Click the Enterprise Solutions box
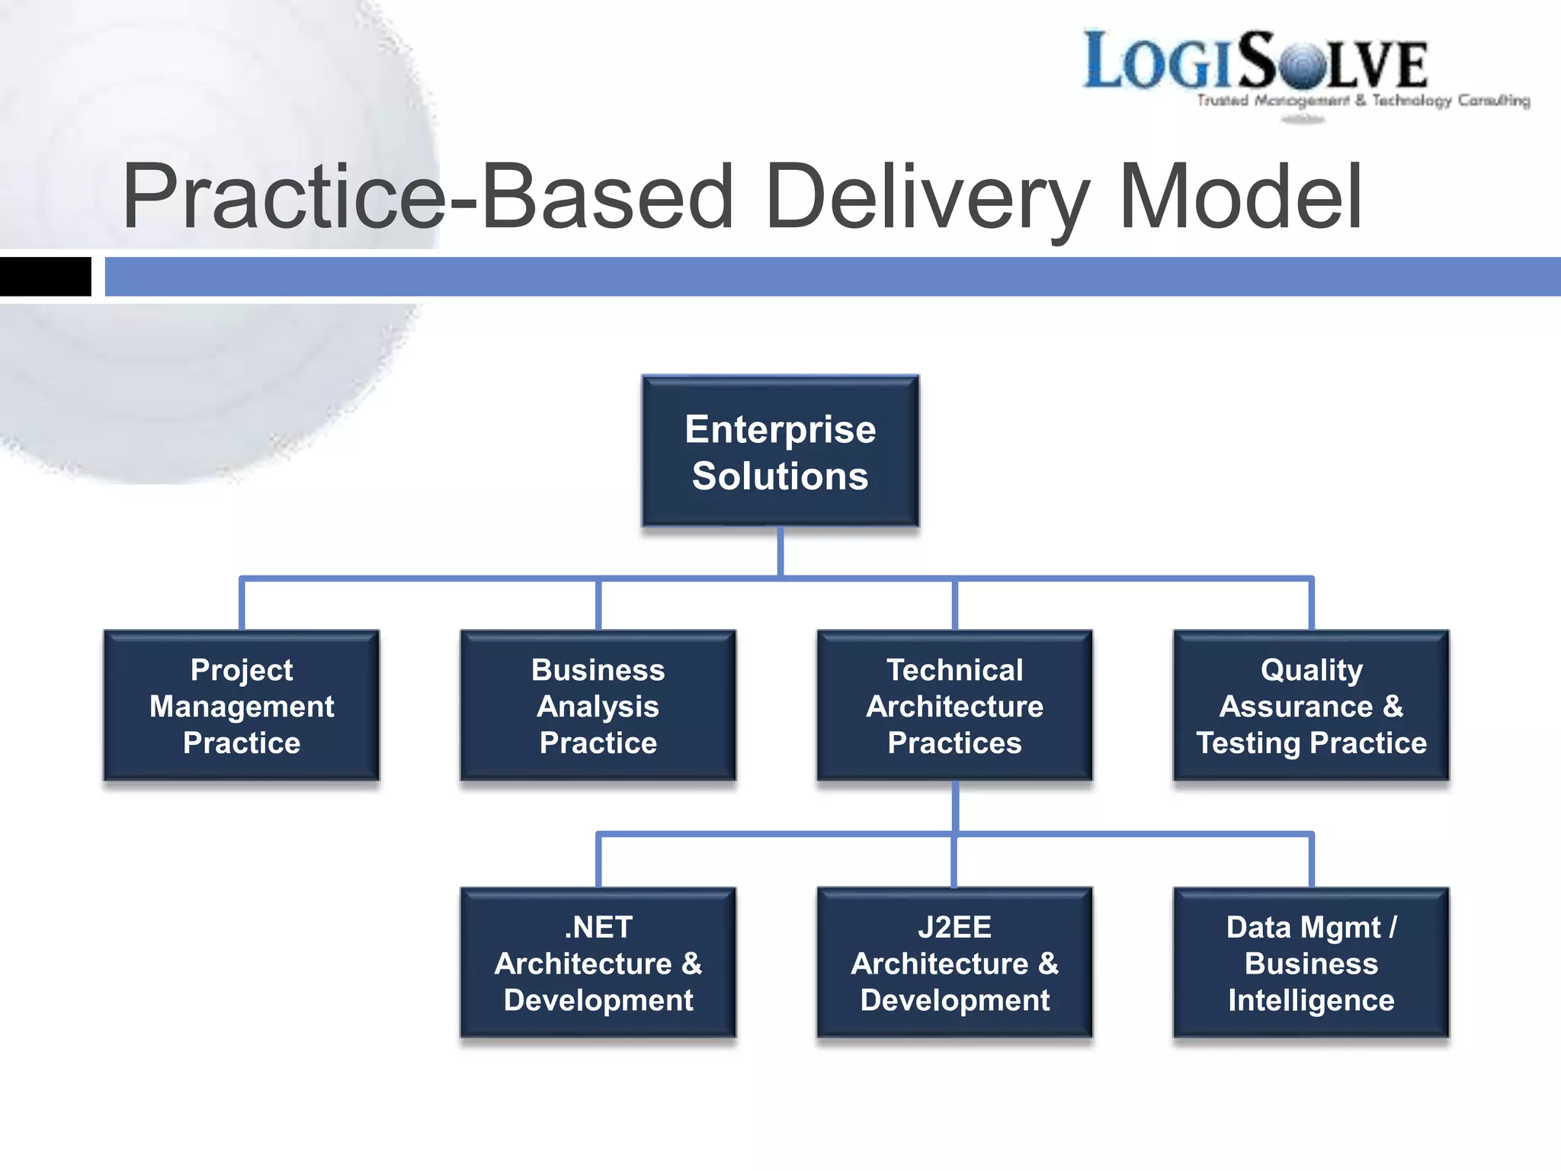pos(780,451)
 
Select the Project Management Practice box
pos(242,706)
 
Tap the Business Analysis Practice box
pos(598,706)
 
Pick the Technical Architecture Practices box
pos(954,706)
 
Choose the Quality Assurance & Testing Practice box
pos(1311,706)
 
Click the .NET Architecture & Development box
pos(598,963)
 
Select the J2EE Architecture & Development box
pos(954,963)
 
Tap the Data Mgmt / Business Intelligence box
pos(1311,963)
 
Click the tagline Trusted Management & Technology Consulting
pos(1363,101)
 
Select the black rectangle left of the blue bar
pos(45,277)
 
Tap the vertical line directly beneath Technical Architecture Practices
pos(954,807)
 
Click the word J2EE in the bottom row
pos(954,927)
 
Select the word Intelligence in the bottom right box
pos(1311,1000)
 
